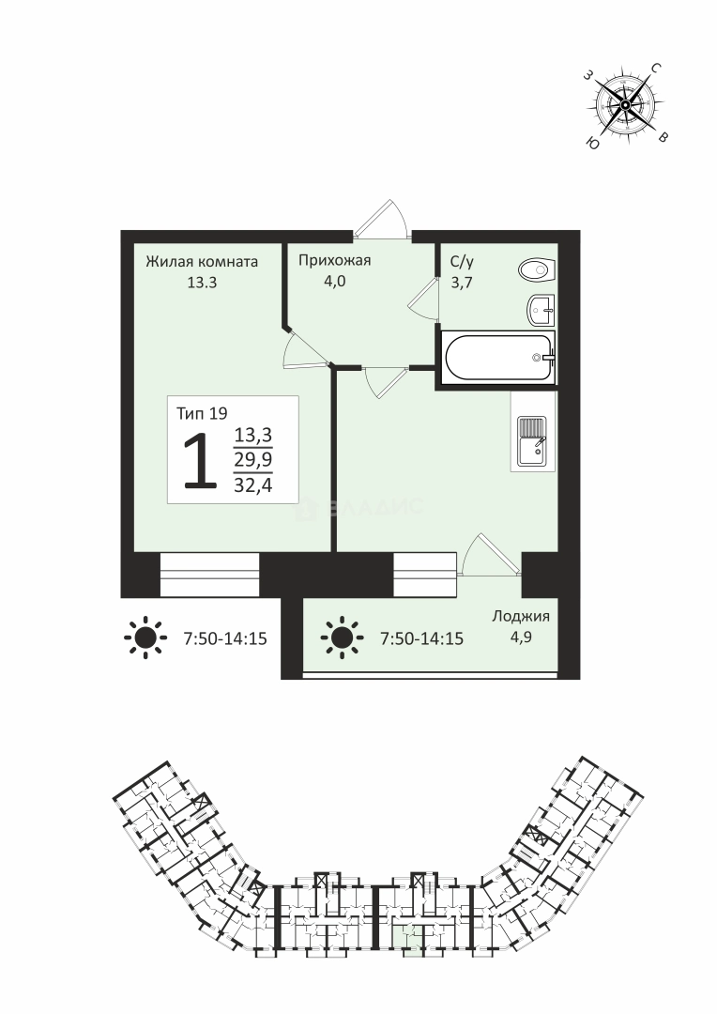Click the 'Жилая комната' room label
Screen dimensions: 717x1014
point(202,261)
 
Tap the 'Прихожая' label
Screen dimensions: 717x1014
point(334,261)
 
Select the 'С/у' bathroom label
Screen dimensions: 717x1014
point(463,261)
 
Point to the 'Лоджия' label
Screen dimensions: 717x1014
point(521,616)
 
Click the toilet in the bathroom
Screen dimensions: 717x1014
point(537,269)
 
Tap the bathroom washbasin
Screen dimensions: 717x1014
point(542,311)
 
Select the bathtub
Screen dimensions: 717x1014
point(499,357)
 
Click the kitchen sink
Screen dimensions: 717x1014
point(532,442)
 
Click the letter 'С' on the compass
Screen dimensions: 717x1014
point(656,68)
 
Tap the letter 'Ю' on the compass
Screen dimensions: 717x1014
point(591,143)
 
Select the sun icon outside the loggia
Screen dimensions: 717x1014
point(145,638)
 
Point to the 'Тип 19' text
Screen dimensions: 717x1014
point(202,413)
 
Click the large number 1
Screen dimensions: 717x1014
point(200,461)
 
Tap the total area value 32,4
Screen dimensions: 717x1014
point(252,485)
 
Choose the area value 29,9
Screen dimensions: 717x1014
point(252,460)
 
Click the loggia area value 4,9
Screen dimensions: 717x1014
point(521,638)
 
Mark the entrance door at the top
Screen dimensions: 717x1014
point(382,221)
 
